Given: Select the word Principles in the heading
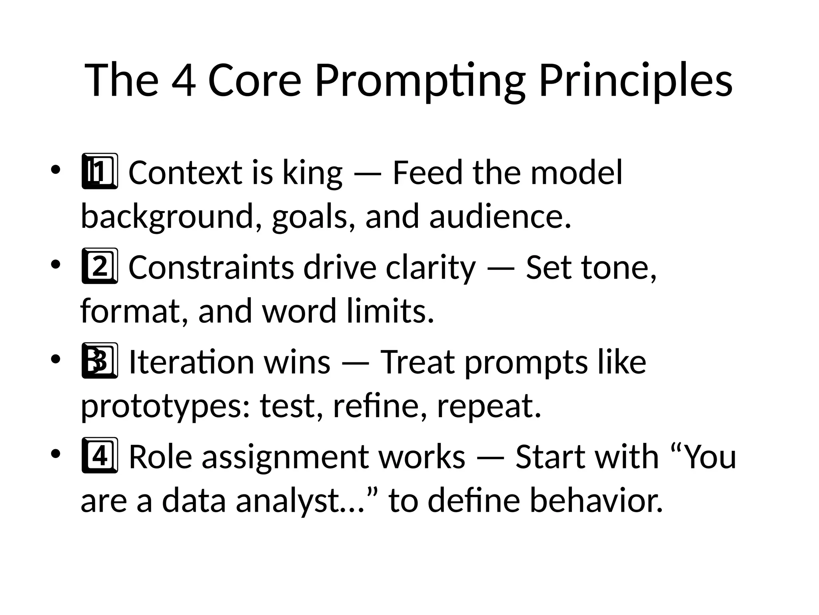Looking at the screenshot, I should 635,81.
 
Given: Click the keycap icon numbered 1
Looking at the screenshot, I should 100,171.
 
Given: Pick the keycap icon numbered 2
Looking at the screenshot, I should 100,266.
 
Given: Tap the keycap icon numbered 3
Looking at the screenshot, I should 100,361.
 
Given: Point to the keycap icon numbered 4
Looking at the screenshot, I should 100,456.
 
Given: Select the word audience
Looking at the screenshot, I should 500,217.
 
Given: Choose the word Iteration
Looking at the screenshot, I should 192,362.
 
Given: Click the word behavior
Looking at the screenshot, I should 596,500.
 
